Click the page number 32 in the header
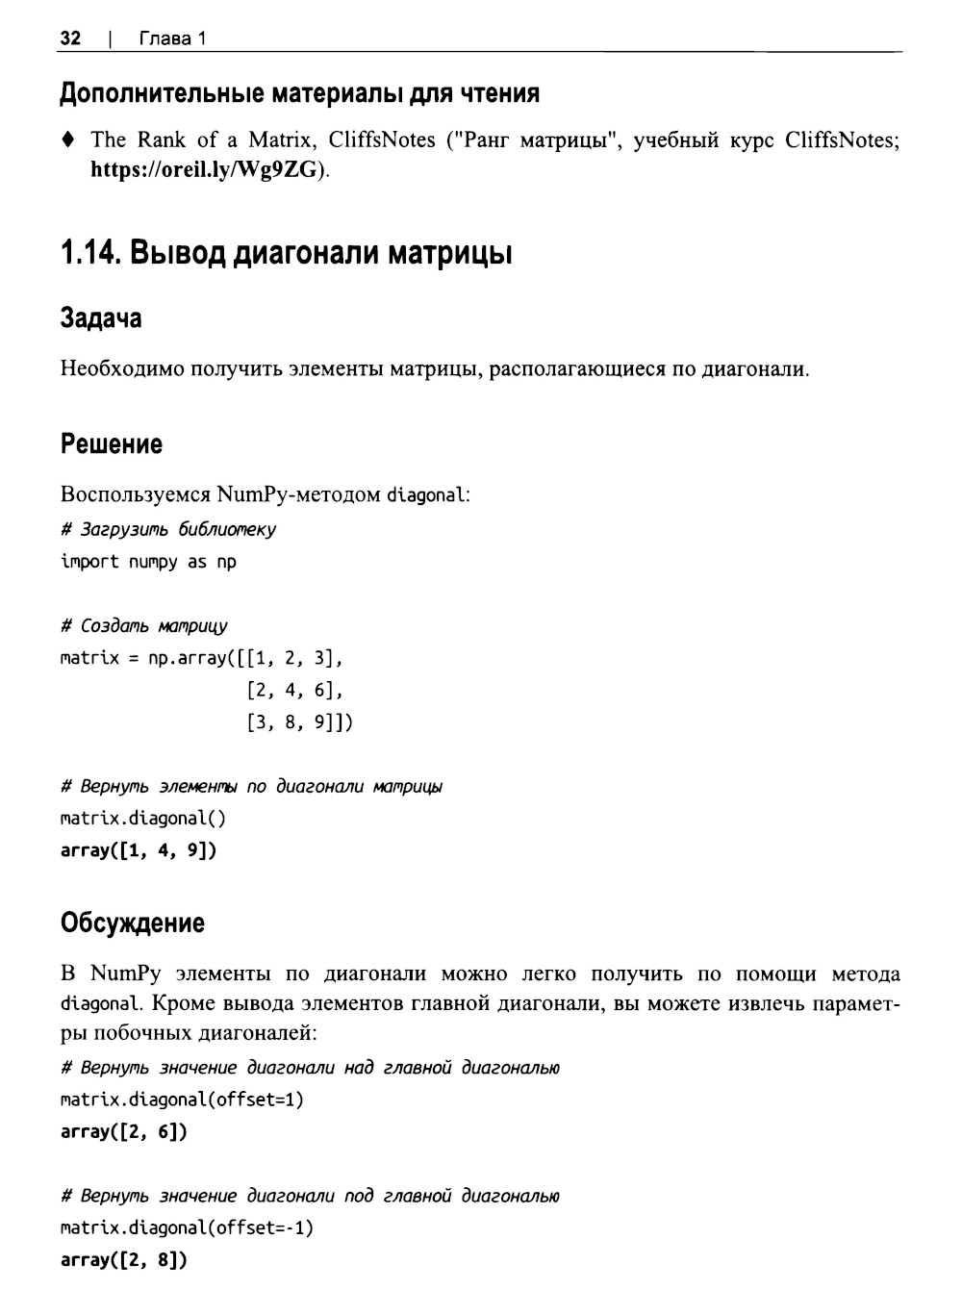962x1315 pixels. (70, 38)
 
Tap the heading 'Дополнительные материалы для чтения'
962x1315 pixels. (299, 93)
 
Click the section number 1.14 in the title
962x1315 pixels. (89, 254)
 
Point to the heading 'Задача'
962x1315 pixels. (100, 318)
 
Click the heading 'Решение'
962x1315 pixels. (112, 444)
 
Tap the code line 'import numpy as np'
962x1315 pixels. (148, 562)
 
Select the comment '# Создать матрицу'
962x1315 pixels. (144, 626)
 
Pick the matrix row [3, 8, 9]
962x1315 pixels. (299, 722)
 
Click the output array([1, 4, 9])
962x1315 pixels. (139, 851)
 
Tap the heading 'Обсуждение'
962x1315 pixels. (133, 923)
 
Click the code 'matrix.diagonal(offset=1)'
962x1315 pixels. (182, 1100)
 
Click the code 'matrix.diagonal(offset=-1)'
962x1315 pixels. (187, 1228)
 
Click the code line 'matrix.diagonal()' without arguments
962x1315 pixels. (143, 819)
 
